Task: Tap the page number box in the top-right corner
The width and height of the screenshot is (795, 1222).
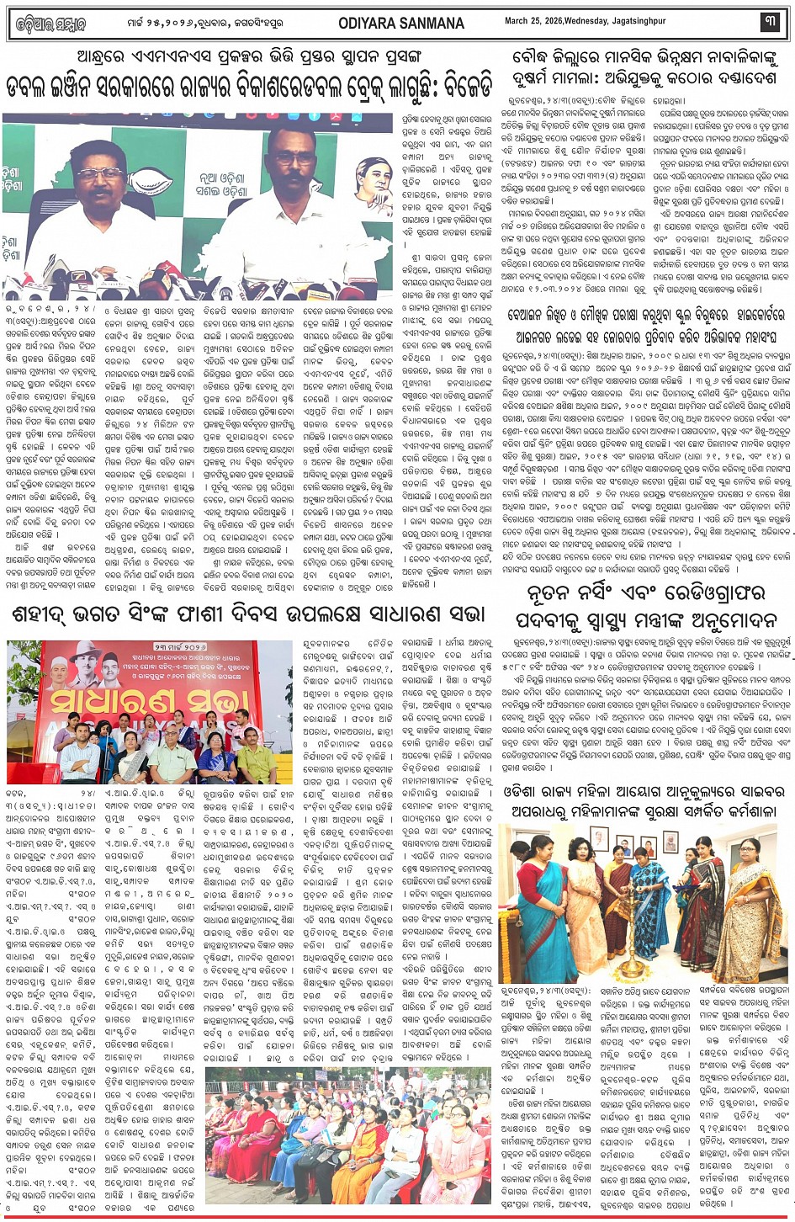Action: click(770, 22)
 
